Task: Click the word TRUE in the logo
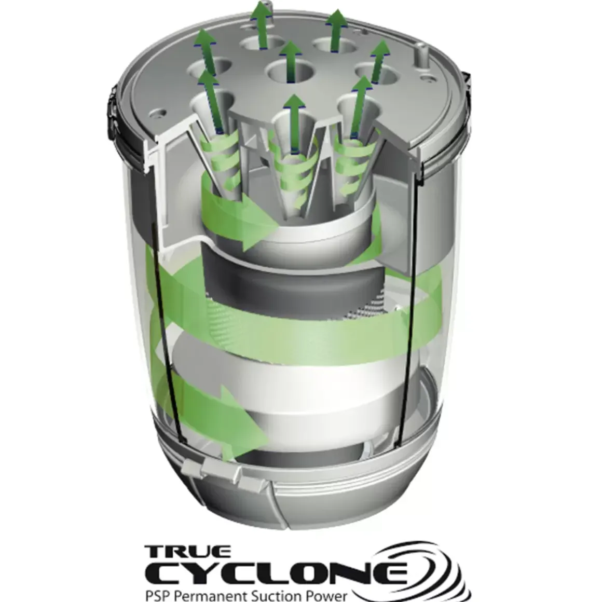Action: tap(188, 552)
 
